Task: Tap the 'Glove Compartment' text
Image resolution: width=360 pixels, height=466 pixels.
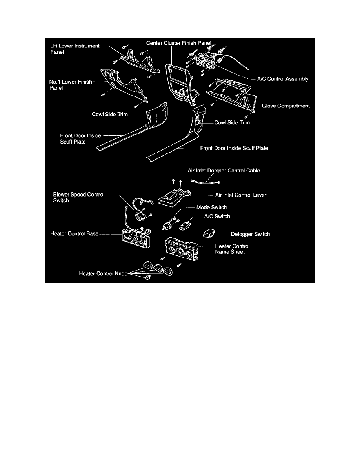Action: click(286, 106)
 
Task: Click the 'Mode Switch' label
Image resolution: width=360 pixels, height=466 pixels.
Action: click(211, 207)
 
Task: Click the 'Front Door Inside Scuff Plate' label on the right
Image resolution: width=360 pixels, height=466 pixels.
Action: click(234, 148)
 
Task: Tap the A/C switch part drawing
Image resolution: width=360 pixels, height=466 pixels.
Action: click(185, 226)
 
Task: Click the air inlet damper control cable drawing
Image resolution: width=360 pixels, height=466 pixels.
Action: click(205, 182)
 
